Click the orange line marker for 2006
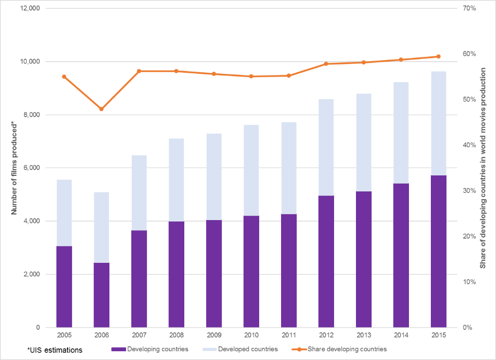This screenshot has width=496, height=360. point(102,109)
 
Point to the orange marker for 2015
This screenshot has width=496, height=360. point(439,56)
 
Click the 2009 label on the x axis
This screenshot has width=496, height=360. point(214,335)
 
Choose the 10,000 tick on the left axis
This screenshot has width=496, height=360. point(30,62)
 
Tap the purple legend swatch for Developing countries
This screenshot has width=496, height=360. point(118,349)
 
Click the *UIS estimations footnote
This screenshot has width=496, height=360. point(54,349)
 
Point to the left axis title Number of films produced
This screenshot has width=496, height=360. point(15,169)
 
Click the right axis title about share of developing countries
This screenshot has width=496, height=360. point(483,168)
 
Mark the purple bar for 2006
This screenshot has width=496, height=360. point(102,295)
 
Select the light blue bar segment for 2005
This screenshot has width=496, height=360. point(64,213)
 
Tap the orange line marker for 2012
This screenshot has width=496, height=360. point(326,64)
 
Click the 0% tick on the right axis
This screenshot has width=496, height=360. point(467,327)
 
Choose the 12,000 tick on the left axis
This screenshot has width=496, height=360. point(30,9)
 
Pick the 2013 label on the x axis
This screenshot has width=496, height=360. point(364,335)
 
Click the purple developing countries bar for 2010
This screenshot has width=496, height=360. point(251,272)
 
